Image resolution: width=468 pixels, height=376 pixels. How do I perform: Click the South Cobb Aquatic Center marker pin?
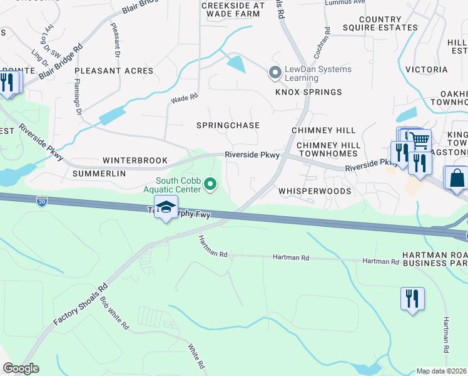211,184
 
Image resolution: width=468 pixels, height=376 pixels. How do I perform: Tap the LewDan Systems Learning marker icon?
274,73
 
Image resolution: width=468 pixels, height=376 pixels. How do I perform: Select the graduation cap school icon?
166,207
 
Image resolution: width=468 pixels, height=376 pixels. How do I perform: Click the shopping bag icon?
456,177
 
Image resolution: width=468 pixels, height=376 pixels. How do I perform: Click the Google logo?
21,368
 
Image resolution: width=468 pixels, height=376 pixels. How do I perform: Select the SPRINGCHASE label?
228,125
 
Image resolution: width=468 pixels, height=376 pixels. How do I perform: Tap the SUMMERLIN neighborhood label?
99,173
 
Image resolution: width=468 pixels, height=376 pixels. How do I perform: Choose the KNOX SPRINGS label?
309,92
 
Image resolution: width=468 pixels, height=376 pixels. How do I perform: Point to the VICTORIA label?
427,70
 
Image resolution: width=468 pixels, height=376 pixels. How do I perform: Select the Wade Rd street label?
185,98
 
